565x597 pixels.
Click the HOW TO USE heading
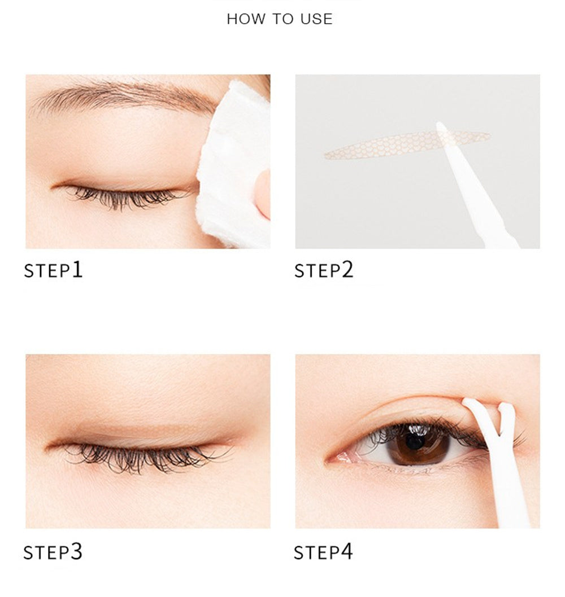pos(280,19)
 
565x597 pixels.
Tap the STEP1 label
pos(53,270)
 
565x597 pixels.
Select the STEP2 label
pos(324,270)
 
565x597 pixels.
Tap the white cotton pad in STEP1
pos(232,164)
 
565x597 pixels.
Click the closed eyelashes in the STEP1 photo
pos(124,196)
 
